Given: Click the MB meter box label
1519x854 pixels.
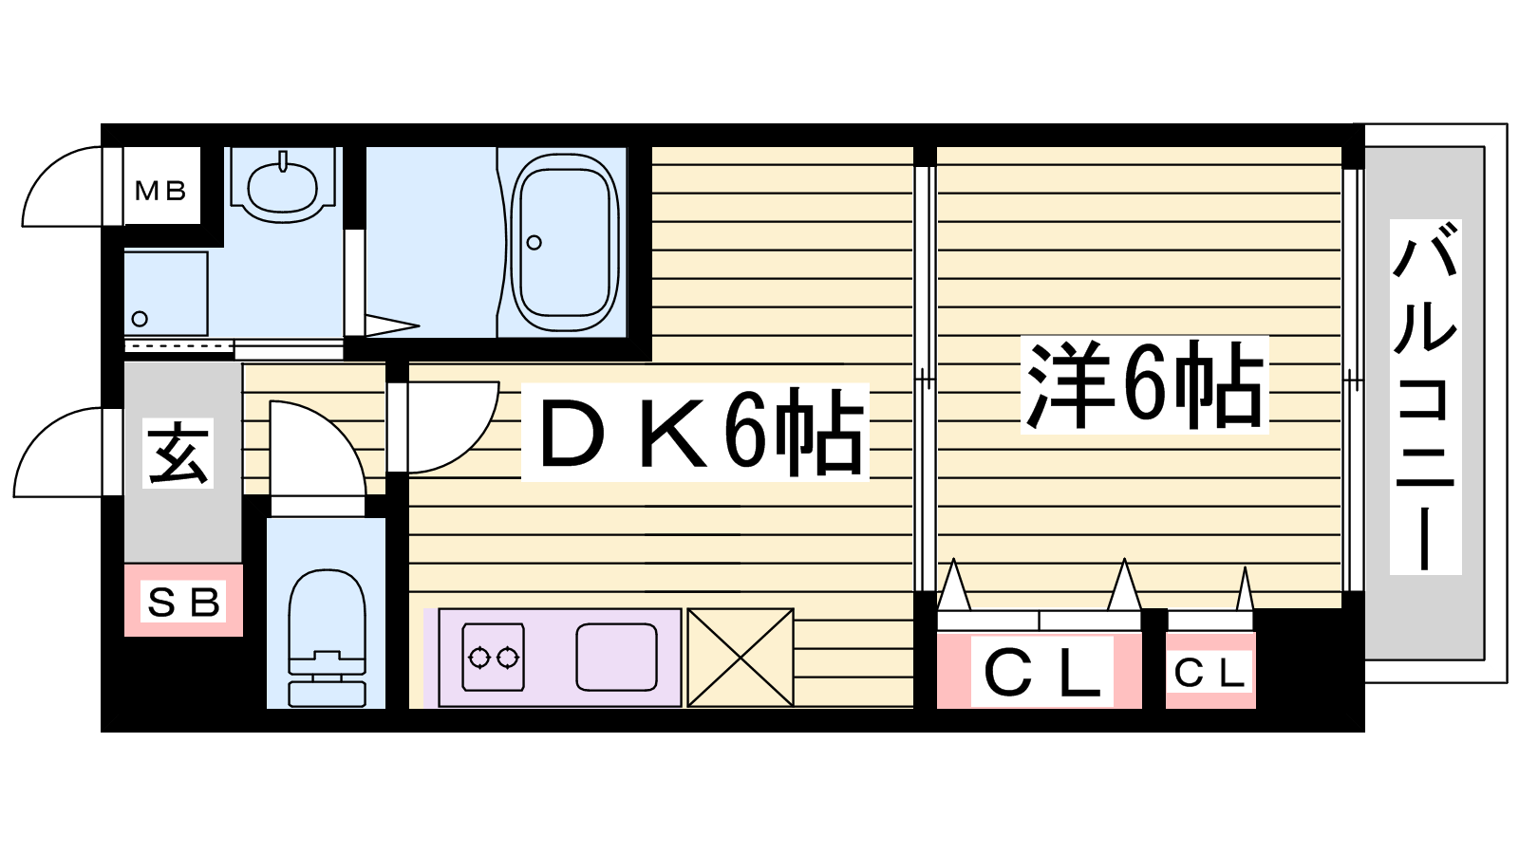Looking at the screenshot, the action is [x=160, y=191].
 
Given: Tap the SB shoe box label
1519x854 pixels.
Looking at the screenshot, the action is [x=183, y=602].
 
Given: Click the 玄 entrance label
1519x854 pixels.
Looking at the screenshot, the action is [x=178, y=453].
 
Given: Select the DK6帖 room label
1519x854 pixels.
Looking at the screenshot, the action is [x=695, y=432].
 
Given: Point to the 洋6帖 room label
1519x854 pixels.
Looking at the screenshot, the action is [x=1145, y=385].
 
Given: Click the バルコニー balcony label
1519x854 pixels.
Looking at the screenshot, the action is [x=1425, y=397].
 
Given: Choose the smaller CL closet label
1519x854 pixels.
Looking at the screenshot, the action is [x=1210, y=673].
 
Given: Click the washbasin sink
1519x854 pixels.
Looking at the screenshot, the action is [x=283, y=185].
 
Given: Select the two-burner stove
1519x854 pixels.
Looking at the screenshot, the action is [x=493, y=656].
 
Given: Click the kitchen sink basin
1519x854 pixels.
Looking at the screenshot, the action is [x=616, y=656].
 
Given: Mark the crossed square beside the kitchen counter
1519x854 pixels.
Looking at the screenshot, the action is [x=741, y=657].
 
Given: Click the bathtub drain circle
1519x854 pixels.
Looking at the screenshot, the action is [x=534, y=242].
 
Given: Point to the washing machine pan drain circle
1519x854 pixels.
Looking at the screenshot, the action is [x=140, y=319].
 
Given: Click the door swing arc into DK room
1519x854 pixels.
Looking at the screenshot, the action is [x=467, y=440].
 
